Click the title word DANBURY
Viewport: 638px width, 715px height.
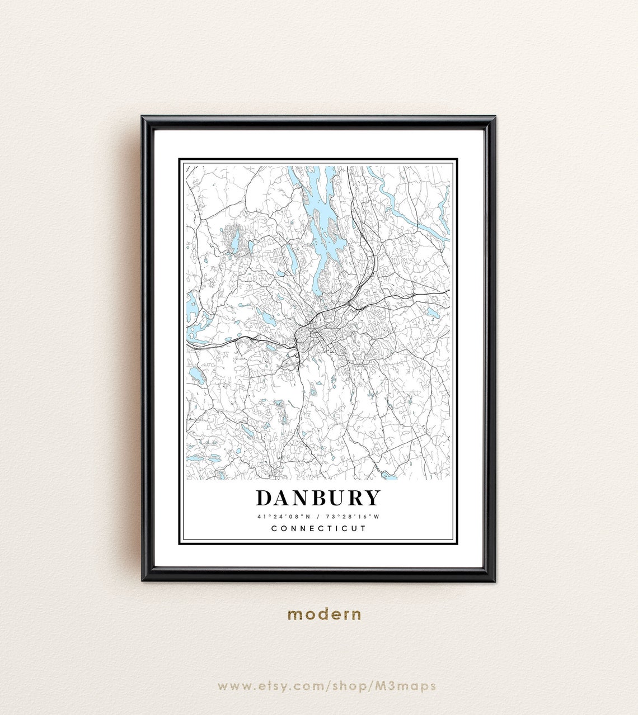tap(318, 498)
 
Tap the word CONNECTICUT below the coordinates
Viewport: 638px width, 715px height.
tap(318, 528)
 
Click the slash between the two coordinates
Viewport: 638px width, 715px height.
tap(318, 517)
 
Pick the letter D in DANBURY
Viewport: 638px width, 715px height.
tap(265, 498)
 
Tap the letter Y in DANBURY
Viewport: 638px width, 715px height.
tap(373, 498)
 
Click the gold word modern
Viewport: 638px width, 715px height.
tap(324, 614)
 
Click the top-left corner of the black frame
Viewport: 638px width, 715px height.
tap(143, 118)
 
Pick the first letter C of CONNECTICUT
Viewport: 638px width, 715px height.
tap(274, 528)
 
